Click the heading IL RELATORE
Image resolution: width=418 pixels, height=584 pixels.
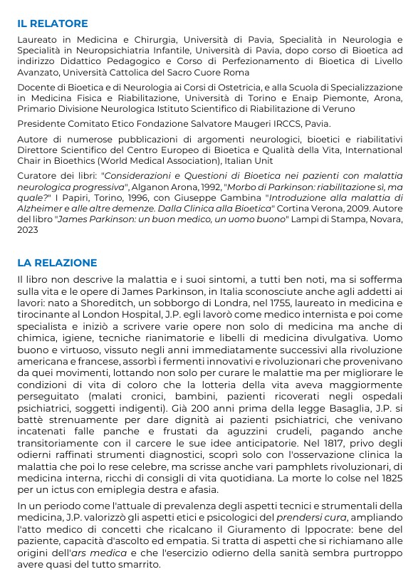(x=53, y=24)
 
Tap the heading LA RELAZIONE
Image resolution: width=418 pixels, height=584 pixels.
(x=57, y=263)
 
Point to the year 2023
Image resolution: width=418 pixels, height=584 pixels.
(x=28, y=230)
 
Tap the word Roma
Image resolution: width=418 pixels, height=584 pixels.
(x=235, y=73)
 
